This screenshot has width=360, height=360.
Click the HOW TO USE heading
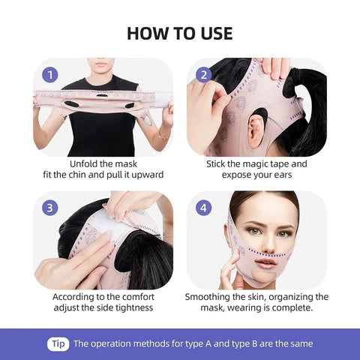click(x=180, y=33)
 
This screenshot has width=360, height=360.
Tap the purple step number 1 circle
click(x=51, y=74)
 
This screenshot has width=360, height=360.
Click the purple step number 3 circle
click(x=51, y=208)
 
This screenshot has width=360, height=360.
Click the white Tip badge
click(x=58, y=343)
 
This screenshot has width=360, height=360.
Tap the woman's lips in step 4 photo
click(x=266, y=263)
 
